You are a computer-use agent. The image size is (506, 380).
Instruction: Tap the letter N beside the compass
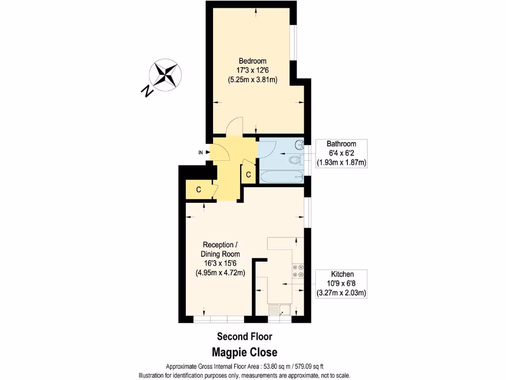(146, 91)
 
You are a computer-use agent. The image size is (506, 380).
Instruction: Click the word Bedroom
(253, 61)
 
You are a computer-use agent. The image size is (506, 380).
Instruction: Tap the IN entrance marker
(201, 152)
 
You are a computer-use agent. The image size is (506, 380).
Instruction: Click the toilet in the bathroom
(295, 160)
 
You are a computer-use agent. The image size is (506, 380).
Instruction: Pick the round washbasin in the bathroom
(299, 145)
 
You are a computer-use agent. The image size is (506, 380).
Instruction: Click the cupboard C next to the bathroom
(249, 175)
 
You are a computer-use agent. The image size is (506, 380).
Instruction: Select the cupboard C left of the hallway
(198, 190)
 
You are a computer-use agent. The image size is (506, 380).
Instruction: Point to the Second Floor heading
(245, 336)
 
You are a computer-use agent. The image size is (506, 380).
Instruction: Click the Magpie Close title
(245, 352)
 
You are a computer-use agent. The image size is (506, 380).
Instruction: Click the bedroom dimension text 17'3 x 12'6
(253, 70)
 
